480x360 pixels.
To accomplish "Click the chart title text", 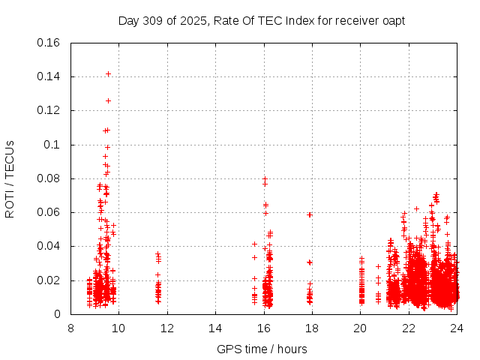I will click(x=262, y=20).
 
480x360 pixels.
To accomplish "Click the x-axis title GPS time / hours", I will click(x=262, y=349).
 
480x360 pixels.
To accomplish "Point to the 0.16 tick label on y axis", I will click(x=49, y=43).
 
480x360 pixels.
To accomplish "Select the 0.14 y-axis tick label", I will click(x=49, y=76).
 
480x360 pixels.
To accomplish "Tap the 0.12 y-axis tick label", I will click(x=49, y=110).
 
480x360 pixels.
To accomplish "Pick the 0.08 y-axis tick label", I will click(x=49, y=178).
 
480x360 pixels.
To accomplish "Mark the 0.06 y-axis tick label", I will click(x=49, y=212).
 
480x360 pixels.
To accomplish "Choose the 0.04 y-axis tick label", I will click(x=49, y=246).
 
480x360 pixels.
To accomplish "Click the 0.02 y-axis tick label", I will click(x=49, y=280).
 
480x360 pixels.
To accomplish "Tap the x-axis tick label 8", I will click(x=70, y=328).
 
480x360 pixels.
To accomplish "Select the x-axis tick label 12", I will click(x=167, y=328).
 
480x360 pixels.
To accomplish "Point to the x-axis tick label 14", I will click(x=215, y=328).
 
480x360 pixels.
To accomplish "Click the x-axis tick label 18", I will click(x=312, y=328).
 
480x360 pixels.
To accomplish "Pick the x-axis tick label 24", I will click(x=457, y=328).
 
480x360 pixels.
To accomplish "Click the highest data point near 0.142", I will click(x=108, y=73).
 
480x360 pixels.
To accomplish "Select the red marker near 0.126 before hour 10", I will click(x=108, y=100).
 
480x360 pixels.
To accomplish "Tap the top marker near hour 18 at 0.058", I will click(x=309, y=214).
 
